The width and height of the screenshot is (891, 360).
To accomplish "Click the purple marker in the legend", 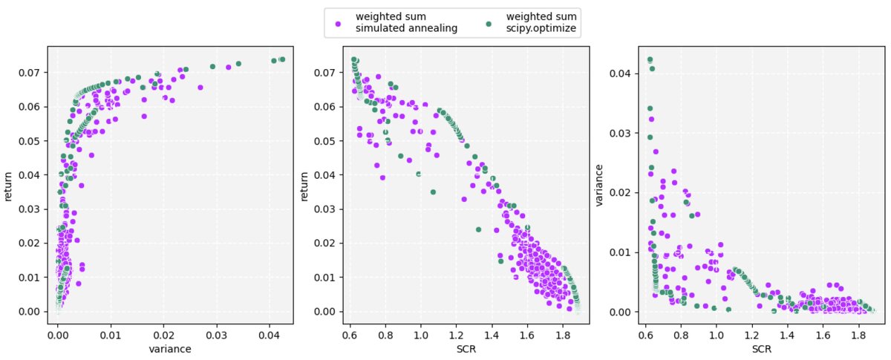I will coord(339,22).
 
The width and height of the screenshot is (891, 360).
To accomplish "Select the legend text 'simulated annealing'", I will coord(396,28).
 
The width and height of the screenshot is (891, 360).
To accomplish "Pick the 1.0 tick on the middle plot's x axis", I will coord(421,332).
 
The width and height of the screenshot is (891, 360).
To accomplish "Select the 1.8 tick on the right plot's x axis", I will coord(859,332).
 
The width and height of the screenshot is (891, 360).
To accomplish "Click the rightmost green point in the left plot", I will coord(282,59).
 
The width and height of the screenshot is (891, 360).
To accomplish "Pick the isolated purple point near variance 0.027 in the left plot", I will coord(200,87).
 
